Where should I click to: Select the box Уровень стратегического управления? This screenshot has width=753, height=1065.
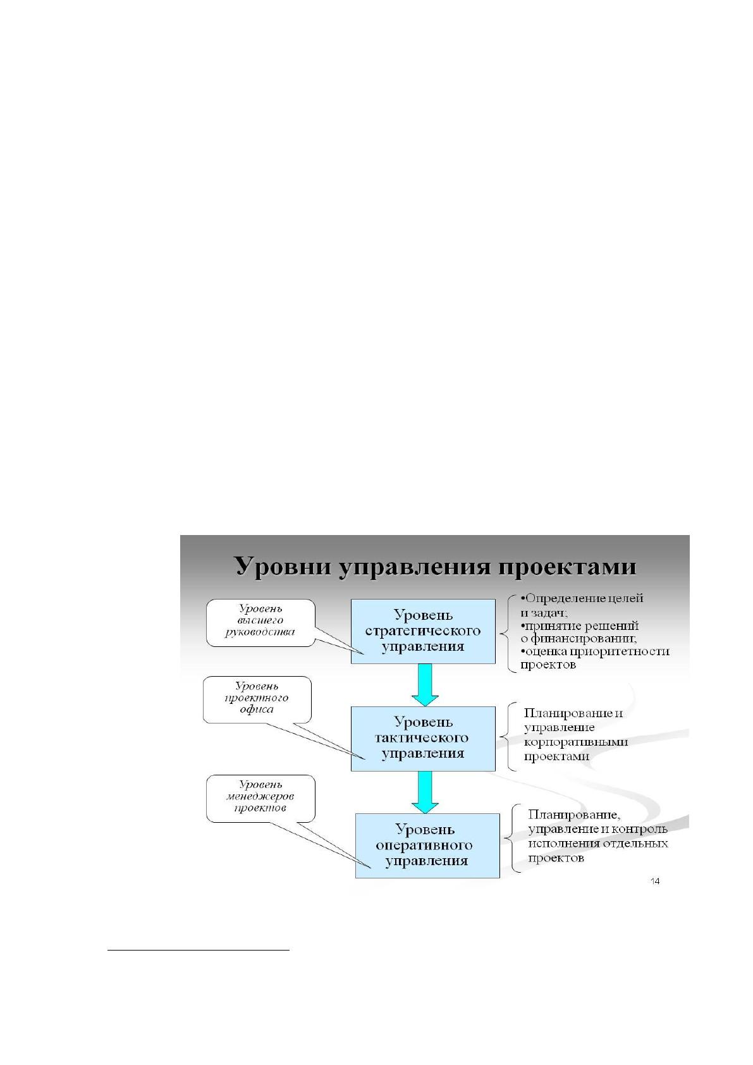tap(423, 631)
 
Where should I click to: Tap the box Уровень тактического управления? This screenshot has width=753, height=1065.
tap(423, 739)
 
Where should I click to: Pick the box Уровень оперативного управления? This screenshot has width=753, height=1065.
tap(427, 846)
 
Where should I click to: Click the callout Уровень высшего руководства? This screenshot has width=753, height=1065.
tap(260, 622)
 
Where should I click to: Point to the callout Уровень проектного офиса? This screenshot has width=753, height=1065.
tap(257, 699)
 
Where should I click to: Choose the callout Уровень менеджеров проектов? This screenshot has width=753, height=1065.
tap(260, 798)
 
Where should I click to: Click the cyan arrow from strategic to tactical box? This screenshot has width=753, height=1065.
tap(425, 685)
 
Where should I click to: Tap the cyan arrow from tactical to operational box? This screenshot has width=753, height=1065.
tap(425, 792)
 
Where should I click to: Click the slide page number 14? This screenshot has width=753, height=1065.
tap(654, 881)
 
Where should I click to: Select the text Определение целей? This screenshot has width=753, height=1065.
tap(584, 598)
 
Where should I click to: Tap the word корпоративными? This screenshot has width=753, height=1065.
tap(576, 742)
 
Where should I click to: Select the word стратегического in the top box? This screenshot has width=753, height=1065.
tap(422, 631)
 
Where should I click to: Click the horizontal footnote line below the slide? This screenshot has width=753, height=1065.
tap(199, 951)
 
